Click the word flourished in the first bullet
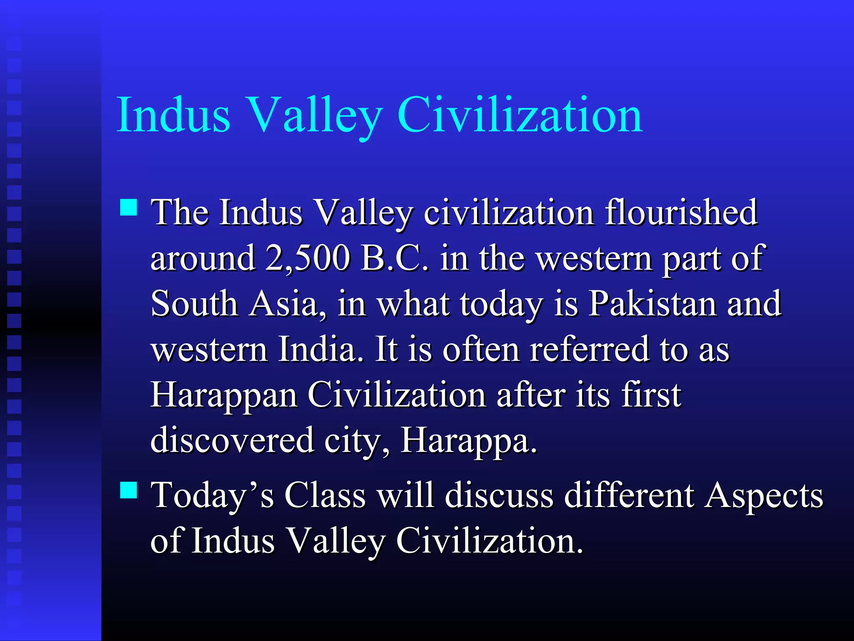point(681,212)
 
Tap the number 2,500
point(307,258)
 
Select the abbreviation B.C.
point(394,258)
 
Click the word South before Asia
point(194,304)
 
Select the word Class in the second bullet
point(325,495)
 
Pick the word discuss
point(499,495)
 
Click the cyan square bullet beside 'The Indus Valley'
point(128,207)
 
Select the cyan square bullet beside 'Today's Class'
point(128,490)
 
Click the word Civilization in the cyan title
point(520,115)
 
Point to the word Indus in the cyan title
point(173,115)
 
